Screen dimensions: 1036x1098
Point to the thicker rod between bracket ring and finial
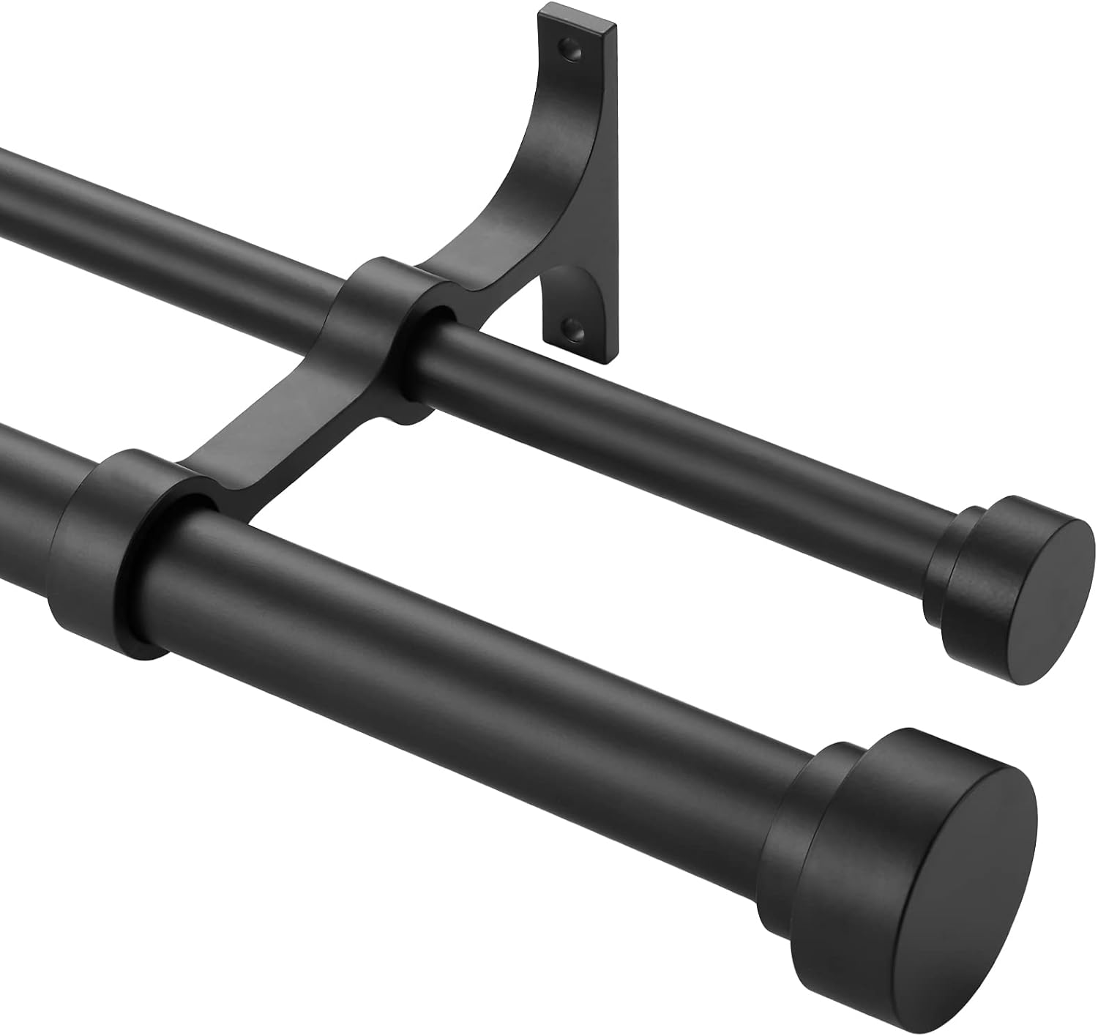[x=476, y=659]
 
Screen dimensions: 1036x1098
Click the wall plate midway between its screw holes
[x=586, y=183]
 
